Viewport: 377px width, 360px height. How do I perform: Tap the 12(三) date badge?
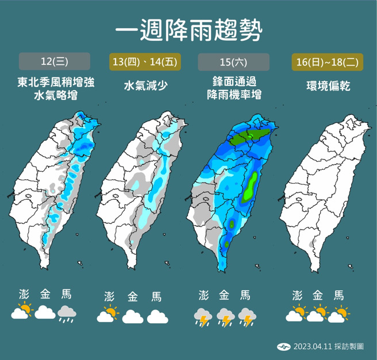pos(55,61)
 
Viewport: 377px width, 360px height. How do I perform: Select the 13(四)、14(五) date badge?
pos(144,61)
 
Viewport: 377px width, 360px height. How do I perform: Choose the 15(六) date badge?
pos(233,61)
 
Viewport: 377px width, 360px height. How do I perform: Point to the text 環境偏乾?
pos(327,86)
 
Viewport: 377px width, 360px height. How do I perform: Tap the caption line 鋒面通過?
pos(234,83)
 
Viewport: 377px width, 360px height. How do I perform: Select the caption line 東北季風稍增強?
pos(55,83)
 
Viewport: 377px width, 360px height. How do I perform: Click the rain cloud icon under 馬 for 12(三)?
pos(67,313)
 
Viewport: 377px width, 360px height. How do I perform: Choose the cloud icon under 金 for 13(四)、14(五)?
pos(132,316)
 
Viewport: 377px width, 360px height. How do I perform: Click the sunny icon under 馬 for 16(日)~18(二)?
pos(340,313)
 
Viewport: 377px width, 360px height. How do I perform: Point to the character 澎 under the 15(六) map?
pos(203,296)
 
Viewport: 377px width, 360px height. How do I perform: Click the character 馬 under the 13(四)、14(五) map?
pos(156,297)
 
